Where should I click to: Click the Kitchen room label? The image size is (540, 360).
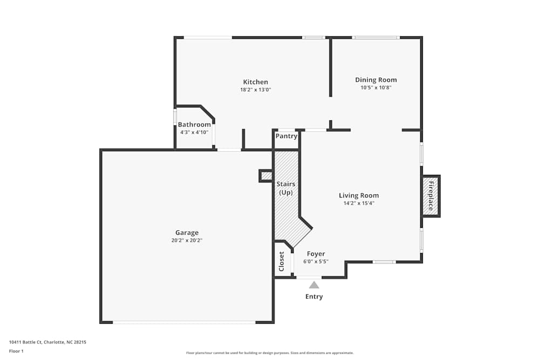click(x=255, y=82)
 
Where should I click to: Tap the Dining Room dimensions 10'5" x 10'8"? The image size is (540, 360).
click(x=376, y=87)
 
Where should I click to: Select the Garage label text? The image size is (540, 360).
click(x=187, y=233)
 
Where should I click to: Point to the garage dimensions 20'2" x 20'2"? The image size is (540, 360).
click(x=187, y=240)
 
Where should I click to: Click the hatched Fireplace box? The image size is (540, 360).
click(x=431, y=196)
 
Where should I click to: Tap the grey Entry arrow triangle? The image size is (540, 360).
click(x=314, y=284)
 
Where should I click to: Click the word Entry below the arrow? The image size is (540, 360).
click(x=314, y=296)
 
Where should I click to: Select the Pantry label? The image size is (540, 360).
click(x=286, y=136)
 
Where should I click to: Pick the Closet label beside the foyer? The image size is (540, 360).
click(x=281, y=261)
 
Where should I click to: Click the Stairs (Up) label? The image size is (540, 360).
click(x=286, y=188)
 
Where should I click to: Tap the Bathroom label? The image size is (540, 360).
click(x=194, y=125)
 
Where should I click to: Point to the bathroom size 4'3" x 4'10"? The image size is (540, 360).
click(x=194, y=132)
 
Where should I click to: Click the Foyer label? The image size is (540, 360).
click(x=316, y=254)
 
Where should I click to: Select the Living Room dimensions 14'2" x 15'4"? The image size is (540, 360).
click(x=359, y=203)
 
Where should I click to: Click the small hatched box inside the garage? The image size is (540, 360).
click(x=266, y=176)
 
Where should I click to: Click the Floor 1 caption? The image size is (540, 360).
click(x=16, y=351)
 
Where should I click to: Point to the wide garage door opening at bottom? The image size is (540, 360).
click(x=184, y=322)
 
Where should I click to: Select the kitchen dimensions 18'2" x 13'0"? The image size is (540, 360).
click(x=255, y=90)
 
